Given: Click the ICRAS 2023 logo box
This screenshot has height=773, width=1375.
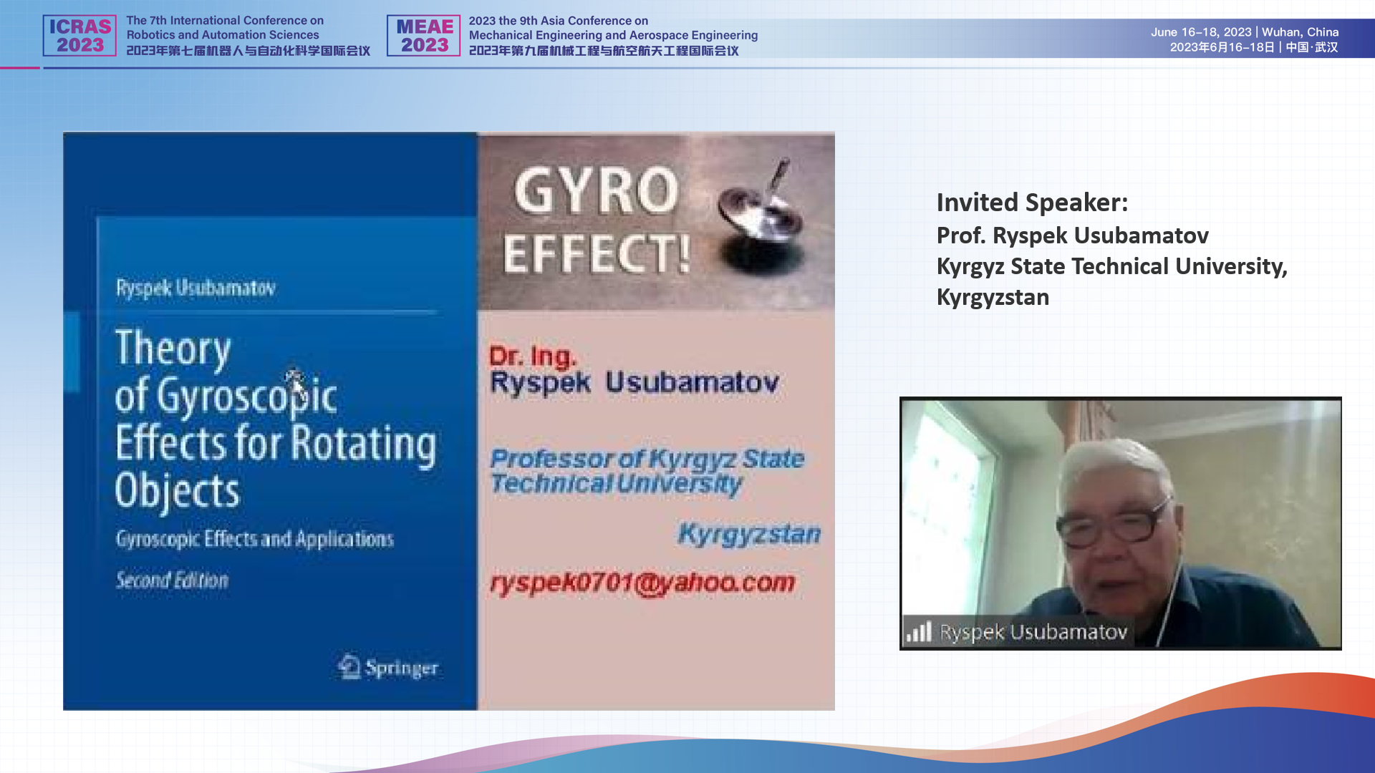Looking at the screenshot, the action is pos(79,36).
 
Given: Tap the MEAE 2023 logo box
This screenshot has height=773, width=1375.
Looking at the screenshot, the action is pos(424,36).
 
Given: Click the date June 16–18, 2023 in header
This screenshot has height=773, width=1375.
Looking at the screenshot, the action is pos(1201,32).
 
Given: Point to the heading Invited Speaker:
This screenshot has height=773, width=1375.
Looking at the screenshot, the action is pos(1032,203).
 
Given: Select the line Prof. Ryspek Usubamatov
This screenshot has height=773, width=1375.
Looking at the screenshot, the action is pos(1072,235).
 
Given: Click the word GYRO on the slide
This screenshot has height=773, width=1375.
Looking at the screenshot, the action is pos(596,190).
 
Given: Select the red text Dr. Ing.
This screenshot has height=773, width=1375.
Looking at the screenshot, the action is pos(532,356).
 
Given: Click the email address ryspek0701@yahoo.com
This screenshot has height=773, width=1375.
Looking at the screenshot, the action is pos(642,583).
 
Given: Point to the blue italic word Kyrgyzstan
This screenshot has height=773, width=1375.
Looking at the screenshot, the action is pos(749,534).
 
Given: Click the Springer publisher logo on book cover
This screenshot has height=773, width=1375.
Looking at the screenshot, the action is pos(387,667).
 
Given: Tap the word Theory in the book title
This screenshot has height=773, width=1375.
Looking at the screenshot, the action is pos(173,349).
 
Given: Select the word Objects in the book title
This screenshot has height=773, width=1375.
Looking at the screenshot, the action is pos(177,491).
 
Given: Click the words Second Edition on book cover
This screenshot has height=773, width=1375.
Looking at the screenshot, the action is pos(172,580).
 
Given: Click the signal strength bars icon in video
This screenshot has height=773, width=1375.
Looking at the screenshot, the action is pos(919,631).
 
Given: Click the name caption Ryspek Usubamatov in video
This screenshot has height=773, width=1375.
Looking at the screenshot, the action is pos(1033,632).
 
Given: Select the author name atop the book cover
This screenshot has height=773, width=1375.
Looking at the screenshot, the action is pos(196,288).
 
